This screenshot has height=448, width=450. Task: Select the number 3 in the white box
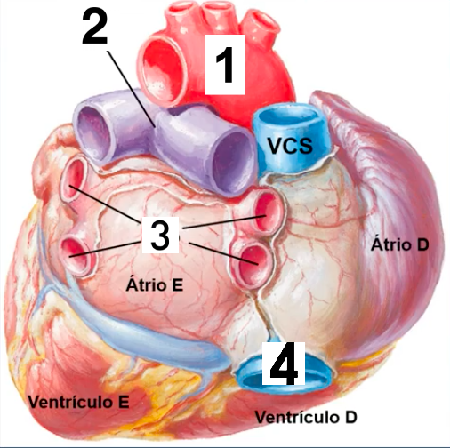click(x=160, y=235)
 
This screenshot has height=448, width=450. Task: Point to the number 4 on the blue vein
click(x=284, y=364)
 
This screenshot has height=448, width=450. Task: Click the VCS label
click(x=290, y=145)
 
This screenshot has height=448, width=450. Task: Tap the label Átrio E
click(x=155, y=284)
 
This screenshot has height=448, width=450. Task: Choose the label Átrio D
click(x=400, y=244)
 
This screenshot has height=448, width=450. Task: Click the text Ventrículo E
click(x=78, y=402)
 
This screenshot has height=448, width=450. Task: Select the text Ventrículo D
click(x=306, y=417)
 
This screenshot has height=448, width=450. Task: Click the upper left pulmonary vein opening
click(x=73, y=179)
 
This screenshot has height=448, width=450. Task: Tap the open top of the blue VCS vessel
click(x=288, y=118)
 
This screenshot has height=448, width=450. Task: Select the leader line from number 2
click(x=131, y=89)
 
